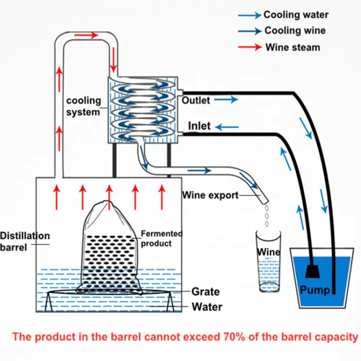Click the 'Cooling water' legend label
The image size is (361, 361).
point(296,15)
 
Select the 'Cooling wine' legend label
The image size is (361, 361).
point(295,31)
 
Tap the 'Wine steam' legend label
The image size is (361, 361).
point(292,47)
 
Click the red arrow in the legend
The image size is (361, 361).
point(249,47)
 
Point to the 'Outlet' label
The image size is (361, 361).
point(196,100)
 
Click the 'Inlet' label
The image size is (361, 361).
point(200,126)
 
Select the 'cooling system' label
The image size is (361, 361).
point(84,106)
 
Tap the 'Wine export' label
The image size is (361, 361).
point(210,195)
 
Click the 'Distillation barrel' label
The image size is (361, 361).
point(25,241)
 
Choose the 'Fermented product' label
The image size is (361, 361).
point(161,238)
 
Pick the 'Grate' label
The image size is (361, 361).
point(205,292)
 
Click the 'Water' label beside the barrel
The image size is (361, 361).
point(207,307)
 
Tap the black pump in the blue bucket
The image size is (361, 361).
point(313,272)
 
